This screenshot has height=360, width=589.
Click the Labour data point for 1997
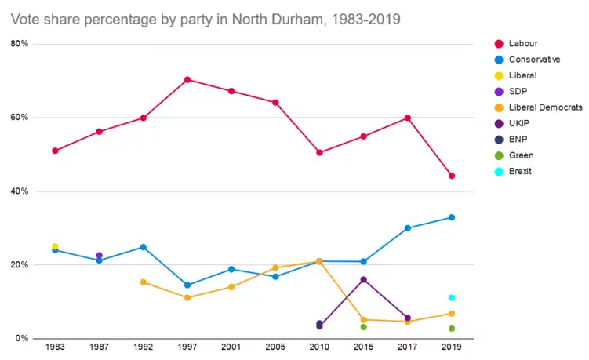coord(187,79)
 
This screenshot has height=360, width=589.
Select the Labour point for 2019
coord(452,176)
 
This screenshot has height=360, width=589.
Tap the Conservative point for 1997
coord(187,285)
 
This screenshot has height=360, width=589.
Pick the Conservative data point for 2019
coord(452,217)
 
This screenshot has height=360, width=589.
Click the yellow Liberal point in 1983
coord(55,246)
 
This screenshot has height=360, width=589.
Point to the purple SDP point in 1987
coord(99,255)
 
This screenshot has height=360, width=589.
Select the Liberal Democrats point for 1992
coord(143,282)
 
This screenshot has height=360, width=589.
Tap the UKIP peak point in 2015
coord(364,279)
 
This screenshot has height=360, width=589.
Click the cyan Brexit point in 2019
coord(452,297)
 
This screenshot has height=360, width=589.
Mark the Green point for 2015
coord(364,327)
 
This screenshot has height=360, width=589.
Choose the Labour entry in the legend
coord(523,43)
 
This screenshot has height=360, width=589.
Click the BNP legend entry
coord(518,139)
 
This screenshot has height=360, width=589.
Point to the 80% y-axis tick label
coord(20,44)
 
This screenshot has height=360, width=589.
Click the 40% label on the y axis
coord(20,191)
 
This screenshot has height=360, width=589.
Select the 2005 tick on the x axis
coord(275,347)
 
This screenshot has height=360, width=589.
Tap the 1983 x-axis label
coord(55,347)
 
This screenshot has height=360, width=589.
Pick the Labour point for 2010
coord(319,152)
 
